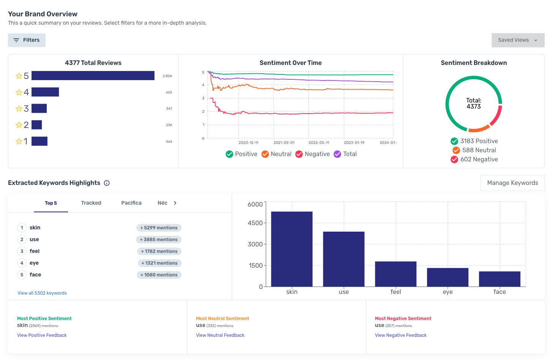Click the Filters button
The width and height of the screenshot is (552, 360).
coord(27,40)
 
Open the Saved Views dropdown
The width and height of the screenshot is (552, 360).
coord(517,40)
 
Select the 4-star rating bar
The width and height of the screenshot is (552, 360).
coord(45,92)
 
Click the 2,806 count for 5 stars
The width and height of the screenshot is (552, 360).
coord(167,76)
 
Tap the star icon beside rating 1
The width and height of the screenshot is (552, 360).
coord(19,141)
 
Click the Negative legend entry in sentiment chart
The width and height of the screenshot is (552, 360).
coord(313,154)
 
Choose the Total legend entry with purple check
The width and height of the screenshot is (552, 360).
coord(345,154)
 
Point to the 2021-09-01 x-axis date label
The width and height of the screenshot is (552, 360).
coord(284,143)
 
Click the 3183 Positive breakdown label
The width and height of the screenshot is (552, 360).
coord(479,141)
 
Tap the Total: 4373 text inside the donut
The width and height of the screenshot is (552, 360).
coord(473,103)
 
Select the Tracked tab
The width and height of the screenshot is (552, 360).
coord(91,203)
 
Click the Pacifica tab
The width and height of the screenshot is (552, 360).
coord(131,203)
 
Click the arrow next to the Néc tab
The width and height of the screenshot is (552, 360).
coord(175,203)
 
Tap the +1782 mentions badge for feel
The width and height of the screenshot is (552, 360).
coord(159,251)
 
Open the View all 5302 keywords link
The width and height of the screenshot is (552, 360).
coord(42,293)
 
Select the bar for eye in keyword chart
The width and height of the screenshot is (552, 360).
coord(448,277)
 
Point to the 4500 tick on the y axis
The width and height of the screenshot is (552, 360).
coord(255,223)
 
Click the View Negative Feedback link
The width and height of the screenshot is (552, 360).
coord(400,335)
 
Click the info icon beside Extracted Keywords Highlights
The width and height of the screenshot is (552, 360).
coord(107,183)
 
